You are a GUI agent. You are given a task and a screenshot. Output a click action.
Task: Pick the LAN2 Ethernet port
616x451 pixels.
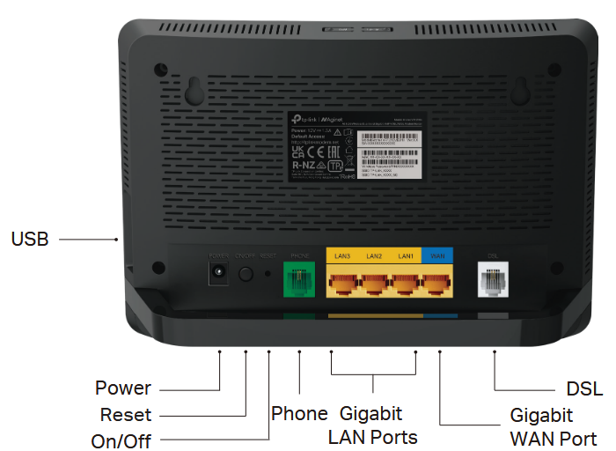click(374, 283)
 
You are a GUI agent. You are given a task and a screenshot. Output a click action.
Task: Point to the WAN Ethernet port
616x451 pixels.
click(437, 283)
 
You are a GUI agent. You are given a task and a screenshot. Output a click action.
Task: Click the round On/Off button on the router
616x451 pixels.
click(246, 274)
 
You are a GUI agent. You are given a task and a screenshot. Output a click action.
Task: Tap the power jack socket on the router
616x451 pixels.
click(216, 273)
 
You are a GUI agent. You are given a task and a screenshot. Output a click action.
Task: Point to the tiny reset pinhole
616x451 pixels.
click(268, 274)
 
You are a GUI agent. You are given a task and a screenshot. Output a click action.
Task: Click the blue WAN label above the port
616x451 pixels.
click(437, 255)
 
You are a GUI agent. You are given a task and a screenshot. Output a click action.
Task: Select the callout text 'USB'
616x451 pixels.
click(30, 239)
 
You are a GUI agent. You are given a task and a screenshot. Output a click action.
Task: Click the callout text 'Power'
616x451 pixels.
click(123, 388)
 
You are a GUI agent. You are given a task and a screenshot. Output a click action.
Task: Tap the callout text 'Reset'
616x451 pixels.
click(126, 415)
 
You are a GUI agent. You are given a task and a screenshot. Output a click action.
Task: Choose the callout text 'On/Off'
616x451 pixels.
click(121, 441)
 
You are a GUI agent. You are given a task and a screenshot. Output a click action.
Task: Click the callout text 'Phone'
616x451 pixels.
click(299, 413)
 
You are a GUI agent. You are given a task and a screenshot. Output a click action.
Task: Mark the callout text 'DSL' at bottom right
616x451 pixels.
click(584, 389)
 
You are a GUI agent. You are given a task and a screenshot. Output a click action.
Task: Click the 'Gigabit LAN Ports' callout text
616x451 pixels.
click(372, 425)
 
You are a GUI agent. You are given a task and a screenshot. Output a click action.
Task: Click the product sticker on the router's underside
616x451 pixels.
click(356, 145)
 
